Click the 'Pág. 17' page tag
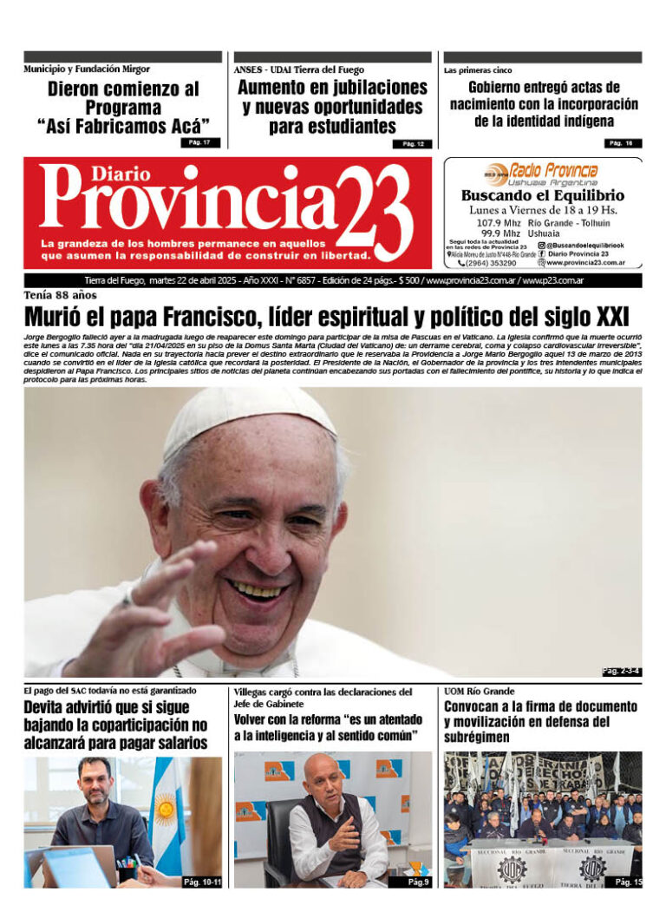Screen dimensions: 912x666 (x=200, y=142)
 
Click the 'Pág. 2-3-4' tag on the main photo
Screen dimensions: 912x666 (x=621, y=671)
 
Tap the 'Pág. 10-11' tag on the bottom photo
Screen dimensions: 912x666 (x=202, y=882)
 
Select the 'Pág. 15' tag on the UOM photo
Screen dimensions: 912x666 (x=628, y=882)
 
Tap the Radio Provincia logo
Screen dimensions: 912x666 (x=542, y=171)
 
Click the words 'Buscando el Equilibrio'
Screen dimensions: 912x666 (x=543, y=196)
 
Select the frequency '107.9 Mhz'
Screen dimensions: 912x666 (x=498, y=223)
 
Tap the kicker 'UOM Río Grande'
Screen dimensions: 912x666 (x=479, y=691)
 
